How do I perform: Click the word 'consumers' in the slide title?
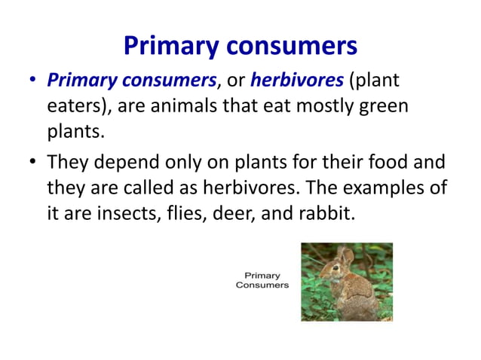pyautogui.click(x=290, y=47)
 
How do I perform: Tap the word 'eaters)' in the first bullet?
pyautogui.click(x=75, y=105)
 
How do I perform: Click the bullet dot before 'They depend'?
pyautogui.click(x=31, y=162)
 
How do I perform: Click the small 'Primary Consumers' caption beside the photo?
pyautogui.click(x=262, y=280)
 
